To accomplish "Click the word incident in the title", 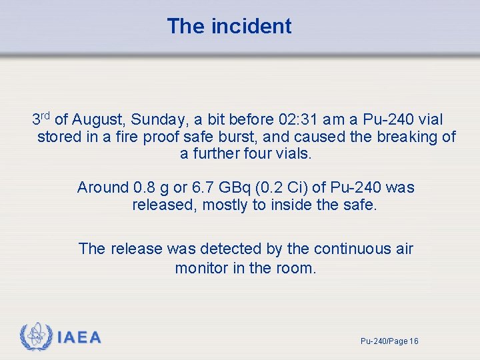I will click(x=251, y=26).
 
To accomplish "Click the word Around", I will click(x=103, y=187).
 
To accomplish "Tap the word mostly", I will click(x=225, y=205).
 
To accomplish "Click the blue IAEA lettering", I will click(x=79, y=338).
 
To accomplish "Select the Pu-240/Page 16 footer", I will click(x=389, y=341).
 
